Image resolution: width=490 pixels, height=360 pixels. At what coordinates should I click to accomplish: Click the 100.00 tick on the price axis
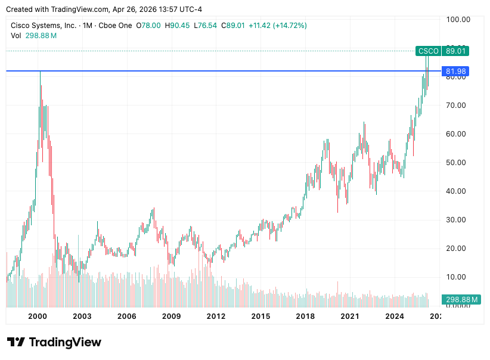tap(458, 19)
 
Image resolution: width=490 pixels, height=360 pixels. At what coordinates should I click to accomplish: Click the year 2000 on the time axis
tap(38, 316)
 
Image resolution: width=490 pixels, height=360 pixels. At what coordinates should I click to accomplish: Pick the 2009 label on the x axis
tap(172, 316)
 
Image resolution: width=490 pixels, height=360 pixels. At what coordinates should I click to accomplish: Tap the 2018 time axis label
tap(305, 316)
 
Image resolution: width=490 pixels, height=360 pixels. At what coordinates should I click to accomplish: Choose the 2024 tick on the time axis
tap(395, 316)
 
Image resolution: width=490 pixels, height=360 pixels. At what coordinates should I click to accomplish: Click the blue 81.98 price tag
tap(455, 72)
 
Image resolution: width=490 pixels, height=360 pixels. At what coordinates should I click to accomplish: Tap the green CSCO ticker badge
tap(428, 51)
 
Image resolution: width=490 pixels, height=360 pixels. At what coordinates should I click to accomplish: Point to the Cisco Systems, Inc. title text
tap(44, 26)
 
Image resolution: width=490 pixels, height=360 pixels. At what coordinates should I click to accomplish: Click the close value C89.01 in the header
tap(233, 26)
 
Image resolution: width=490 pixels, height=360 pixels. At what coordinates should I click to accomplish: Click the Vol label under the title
tap(16, 36)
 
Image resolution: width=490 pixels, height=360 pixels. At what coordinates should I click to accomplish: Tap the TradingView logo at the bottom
tap(54, 342)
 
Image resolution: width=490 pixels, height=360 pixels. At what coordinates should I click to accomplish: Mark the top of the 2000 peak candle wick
tap(40, 72)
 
